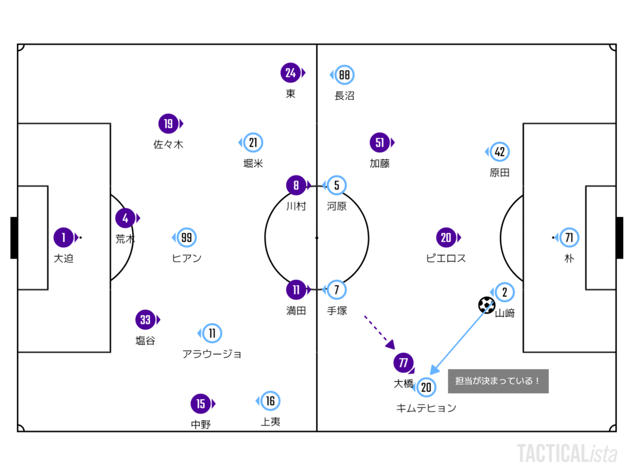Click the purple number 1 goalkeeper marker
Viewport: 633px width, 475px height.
point(64,237)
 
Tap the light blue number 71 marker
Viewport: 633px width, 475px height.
point(569,237)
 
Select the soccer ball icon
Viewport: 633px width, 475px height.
point(486,305)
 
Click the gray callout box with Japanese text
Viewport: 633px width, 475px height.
point(498,381)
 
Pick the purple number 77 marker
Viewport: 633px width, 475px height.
point(404,363)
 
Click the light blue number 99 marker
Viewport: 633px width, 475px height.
point(186,237)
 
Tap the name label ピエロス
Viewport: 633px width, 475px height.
point(446,258)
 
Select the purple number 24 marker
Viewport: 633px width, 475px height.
point(291,72)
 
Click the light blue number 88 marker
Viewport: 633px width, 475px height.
point(344,75)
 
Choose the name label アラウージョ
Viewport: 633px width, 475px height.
point(212,354)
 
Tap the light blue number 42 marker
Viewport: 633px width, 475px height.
point(499,151)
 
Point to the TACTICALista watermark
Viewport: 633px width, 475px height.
point(567,454)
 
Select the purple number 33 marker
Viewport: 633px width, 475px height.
point(146,319)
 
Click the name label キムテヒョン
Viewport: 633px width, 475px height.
point(426,408)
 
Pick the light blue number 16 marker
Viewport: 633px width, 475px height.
point(270,401)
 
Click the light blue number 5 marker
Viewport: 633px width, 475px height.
point(336,185)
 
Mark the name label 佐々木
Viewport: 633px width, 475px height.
point(168,144)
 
